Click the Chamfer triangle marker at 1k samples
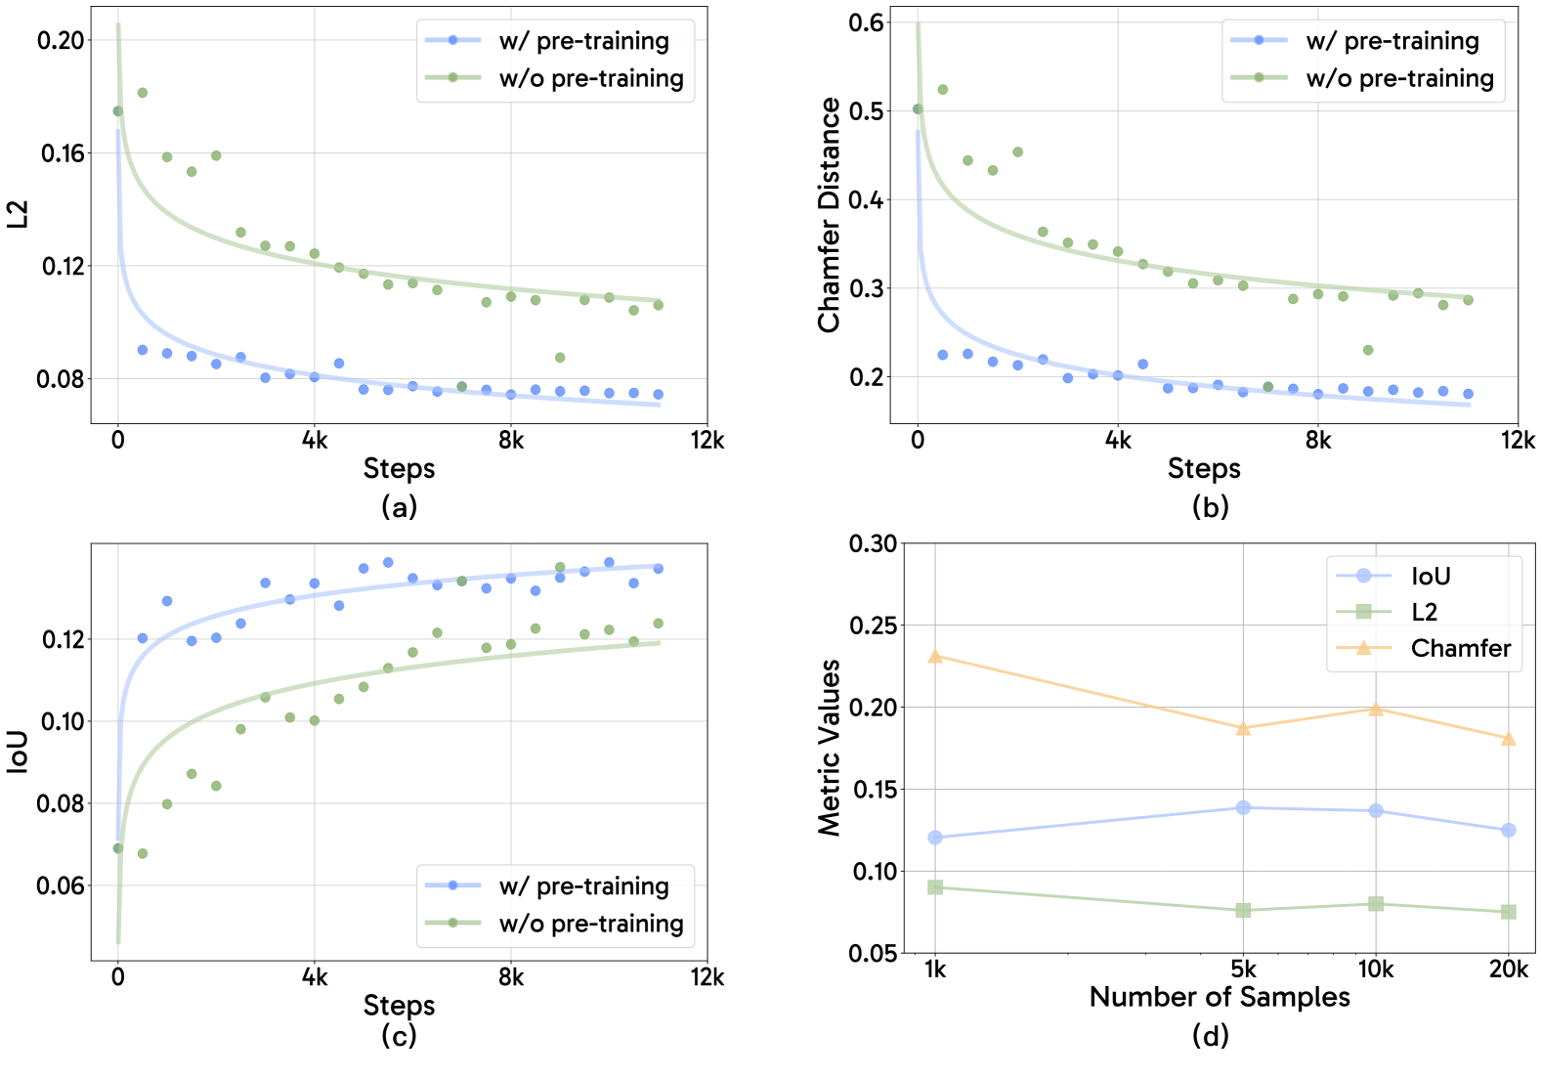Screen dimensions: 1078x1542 coord(935,656)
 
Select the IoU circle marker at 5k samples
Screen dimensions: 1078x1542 coord(1243,807)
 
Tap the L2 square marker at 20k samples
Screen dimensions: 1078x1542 coord(1508,911)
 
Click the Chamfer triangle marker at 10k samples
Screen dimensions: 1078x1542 coord(1376,709)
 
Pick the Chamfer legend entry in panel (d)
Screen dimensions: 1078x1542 coord(1460,648)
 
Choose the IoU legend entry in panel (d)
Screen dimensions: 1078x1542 coord(1430,576)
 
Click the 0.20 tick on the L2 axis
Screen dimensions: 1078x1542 coord(61,40)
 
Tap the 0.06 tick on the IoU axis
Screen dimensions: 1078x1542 coord(61,885)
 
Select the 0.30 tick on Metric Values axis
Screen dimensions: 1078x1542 coord(873,543)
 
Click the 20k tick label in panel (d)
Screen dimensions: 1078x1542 coord(1508,969)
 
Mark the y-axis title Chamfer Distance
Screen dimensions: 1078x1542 coord(830,215)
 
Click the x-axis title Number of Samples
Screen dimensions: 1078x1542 coord(1220,997)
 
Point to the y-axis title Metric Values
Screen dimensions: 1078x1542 coord(830,748)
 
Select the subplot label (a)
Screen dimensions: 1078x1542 coord(399,506)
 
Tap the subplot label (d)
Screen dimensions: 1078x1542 coord(1210,1035)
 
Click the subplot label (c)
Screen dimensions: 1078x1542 coord(399,1035)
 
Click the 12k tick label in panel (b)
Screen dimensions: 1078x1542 coord(1518,441)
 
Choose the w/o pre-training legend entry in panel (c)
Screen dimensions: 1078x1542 coord(590,924)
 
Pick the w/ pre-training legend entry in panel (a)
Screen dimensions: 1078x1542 coord(583,41)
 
